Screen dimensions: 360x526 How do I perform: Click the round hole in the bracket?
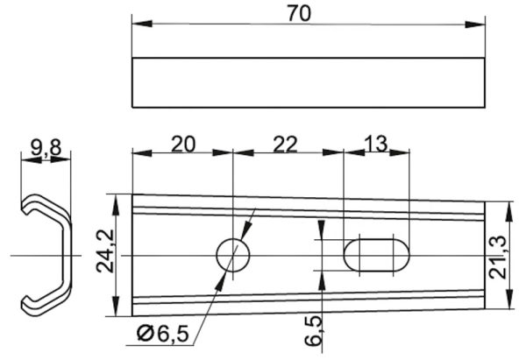click(x=233, y=255)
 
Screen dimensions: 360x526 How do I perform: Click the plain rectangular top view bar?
click(x=308, y=82)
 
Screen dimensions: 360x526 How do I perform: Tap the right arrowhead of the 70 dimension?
click(x=478, y=24)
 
